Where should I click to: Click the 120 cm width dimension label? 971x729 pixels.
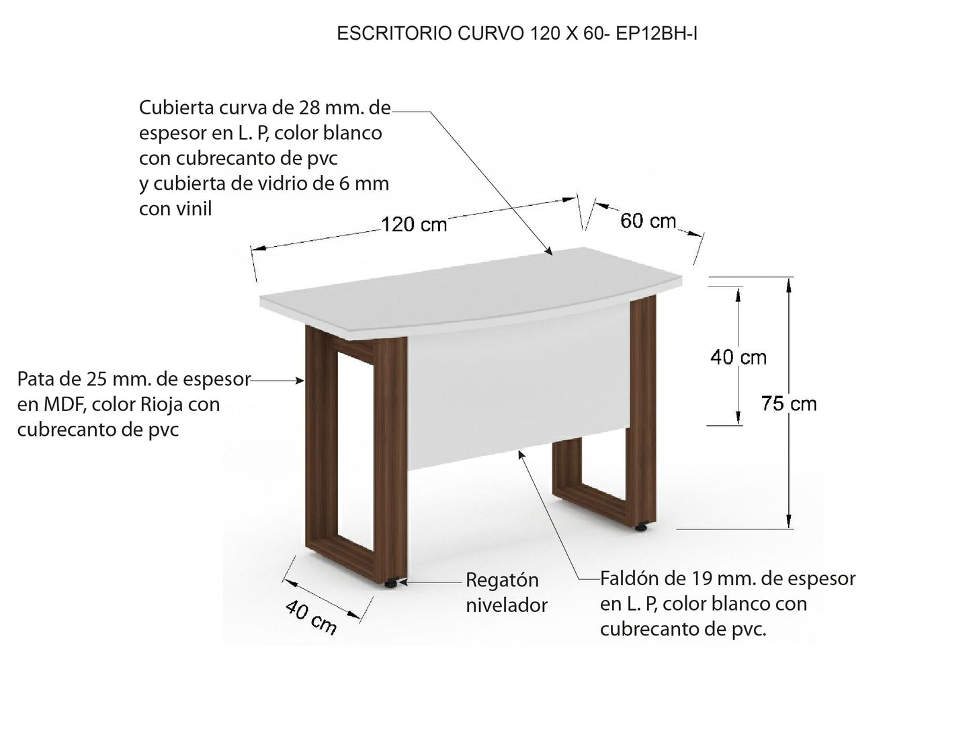414,224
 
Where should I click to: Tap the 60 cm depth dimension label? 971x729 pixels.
648,221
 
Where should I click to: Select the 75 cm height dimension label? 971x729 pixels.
789,404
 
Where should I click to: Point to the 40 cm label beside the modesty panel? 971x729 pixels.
738,357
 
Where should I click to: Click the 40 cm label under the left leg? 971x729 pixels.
310,617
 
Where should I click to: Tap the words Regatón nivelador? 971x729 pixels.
506,592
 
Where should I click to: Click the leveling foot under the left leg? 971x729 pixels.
391,583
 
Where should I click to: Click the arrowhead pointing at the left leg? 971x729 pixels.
300,381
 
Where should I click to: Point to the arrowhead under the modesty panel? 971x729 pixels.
521,455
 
